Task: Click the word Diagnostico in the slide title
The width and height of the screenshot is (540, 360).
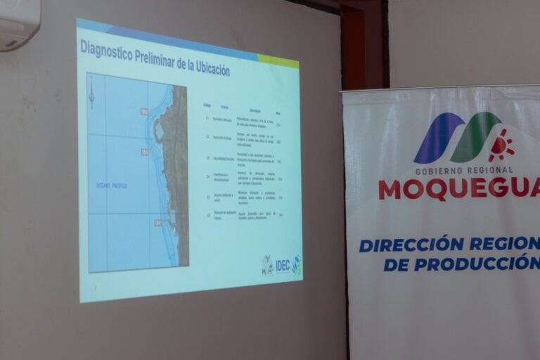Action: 105,48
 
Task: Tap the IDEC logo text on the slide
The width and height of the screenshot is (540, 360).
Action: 282,265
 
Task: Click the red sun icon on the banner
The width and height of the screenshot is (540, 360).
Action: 501,146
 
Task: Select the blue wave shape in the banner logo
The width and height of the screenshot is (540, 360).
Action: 436,137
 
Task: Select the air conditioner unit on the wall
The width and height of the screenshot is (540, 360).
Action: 19,24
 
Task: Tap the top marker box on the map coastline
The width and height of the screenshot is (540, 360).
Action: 144,111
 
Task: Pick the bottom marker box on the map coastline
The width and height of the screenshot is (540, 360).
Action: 157,223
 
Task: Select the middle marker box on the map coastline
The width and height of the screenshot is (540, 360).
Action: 144,152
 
